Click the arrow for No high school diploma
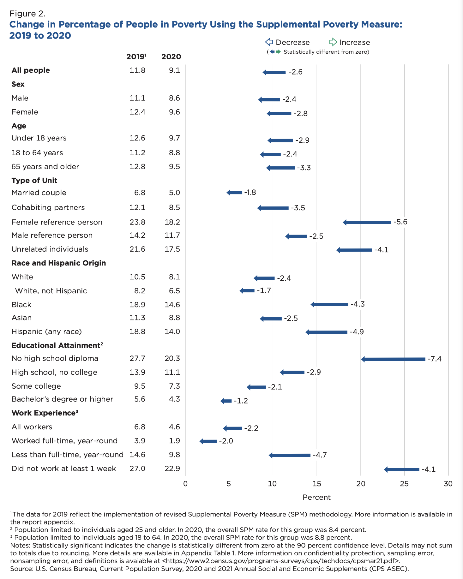coord(393,359)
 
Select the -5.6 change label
coord(400,222)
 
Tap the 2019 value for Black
coord(137,305)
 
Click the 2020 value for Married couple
coord(174,193)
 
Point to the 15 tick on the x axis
coord(316,484)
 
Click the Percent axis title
coord(316,497)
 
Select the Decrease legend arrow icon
coord(269,42)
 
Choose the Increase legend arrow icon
coord(333,42)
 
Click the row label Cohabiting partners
coord(48,207)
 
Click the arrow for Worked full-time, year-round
coord(208,441)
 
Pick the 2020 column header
coord(171,57)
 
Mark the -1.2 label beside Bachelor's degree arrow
coord(241,401)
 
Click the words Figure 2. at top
coord(27,14)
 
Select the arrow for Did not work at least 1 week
coord(402,469)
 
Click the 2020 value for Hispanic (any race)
coord(172,331)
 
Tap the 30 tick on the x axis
coord(448,484)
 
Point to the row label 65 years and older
coord(45,167)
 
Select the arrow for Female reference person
coord(367,222)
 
